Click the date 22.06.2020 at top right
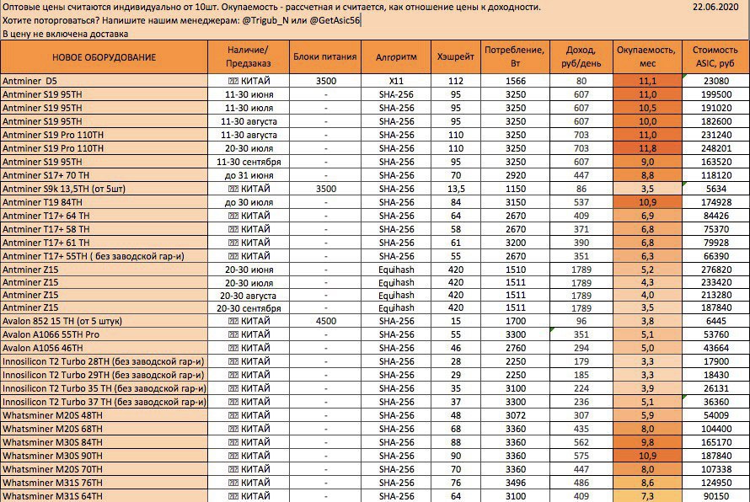pos(715,8)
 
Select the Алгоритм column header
pos(396,57)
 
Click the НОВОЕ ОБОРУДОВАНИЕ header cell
pos(104,57)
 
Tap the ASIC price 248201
pos(715,148)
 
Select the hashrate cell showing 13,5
pos(456,189)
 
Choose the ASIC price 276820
pos(715,269)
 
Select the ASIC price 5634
pos(715,189)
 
